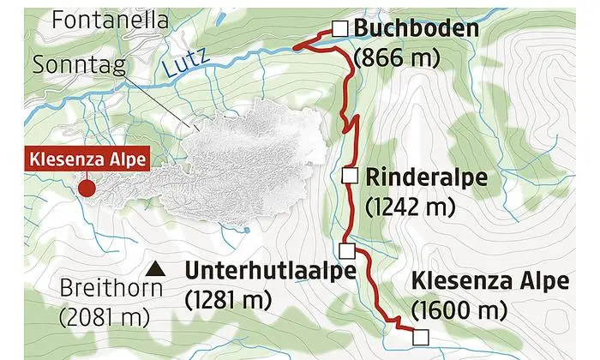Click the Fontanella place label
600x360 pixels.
pyautogui.click(x=108, y=21)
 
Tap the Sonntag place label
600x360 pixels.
pyautogui.click(x=78, y=64)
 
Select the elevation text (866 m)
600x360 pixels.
pyautogui.click(x=396, y=57)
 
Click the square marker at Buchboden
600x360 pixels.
pyautogui.click(x=340, y=29)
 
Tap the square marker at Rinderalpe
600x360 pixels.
pyautogui.click(x=349, y=176)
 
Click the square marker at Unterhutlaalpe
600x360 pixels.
pyautogui.click(x=346, y=250)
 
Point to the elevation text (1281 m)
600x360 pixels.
pyautogui.click(x=228, y=299)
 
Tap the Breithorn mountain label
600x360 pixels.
pyautogui.click(x=111, y=288)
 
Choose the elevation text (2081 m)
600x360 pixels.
pyautogui.click(x=104, y=317)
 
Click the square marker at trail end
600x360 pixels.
pyautogui.click(x=419, y=336)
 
